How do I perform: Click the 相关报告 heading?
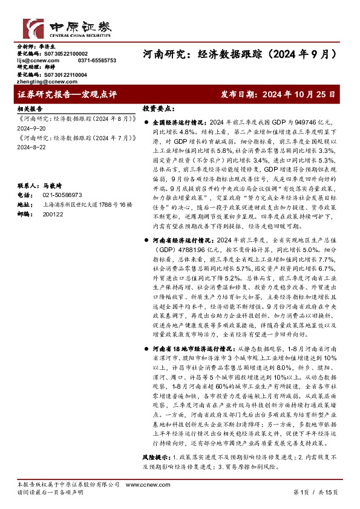click(30, 109)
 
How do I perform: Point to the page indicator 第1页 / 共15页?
click(315, 493)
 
